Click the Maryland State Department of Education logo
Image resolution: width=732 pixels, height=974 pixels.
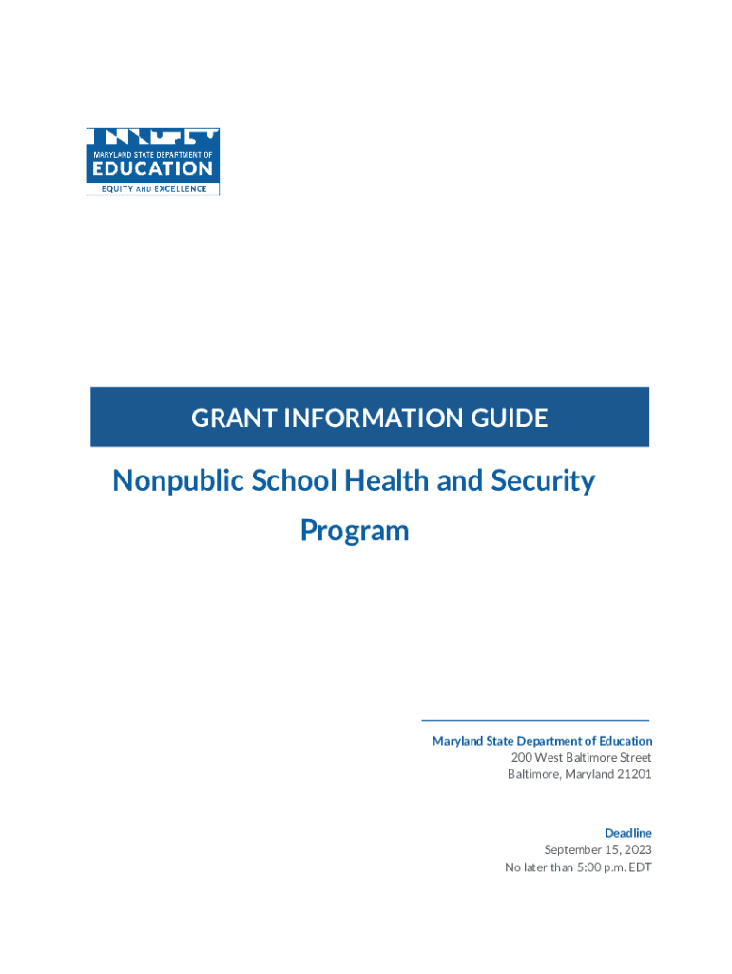click(153, 162)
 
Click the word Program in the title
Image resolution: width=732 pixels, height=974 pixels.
click(355, 530)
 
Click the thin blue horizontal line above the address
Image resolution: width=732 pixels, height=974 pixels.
click(535, 720)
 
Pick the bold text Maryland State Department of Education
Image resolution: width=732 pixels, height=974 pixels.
click(542, 741)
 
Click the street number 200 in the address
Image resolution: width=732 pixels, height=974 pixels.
click(521, 758)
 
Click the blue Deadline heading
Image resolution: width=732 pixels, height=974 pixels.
click(628, 833)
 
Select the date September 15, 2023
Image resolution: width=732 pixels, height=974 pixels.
click(597, 850)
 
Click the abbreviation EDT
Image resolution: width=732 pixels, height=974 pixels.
click(639, 867)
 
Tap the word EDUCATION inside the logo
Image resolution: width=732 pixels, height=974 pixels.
click(152, 168)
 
